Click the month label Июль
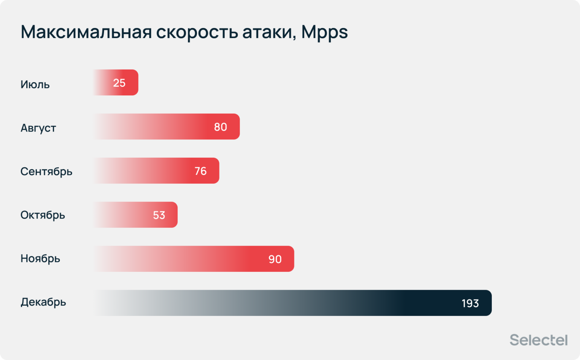tap(35, 84)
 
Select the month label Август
tap(38, 128)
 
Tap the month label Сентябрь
tap(46, 171)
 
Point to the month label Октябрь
tap(43, 215)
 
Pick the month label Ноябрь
tap(40, 259)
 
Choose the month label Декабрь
tap(43, 302)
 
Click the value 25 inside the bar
tap(119, 83)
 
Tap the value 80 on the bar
tap(221, 127)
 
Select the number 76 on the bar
tap(200, 171)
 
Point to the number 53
tap(159, 215)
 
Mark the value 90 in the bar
tap(275, 259)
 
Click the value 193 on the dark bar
tap(470, 303)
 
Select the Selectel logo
tap(539, 340)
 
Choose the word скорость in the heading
tap(197, 32)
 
